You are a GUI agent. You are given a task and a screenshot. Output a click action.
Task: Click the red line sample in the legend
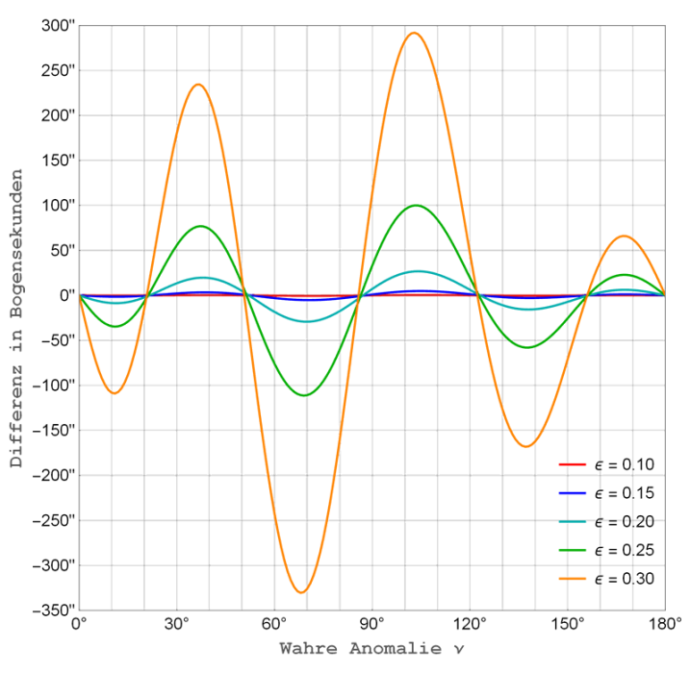(572, 464)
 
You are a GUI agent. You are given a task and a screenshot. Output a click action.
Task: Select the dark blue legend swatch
(572, 493)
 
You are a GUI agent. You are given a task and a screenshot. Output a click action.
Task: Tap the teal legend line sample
(572, 522)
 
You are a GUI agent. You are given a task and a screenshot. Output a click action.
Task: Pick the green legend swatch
(572, 550)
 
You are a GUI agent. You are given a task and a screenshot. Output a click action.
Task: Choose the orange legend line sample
(572, 579)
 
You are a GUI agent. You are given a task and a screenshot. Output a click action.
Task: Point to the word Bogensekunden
(16, 254)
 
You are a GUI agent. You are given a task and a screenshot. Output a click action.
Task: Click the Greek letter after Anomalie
(459, 649)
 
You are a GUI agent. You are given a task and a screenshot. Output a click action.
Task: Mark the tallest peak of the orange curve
(413, 33)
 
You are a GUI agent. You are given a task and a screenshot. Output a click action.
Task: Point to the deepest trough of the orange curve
(301, 592)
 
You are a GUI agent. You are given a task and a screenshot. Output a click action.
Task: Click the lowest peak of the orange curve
(624, 235)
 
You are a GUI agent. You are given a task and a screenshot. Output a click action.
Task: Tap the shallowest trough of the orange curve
(115, 393)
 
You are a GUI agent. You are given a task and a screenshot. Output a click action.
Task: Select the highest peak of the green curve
(415, 205)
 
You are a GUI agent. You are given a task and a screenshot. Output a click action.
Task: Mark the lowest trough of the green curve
(304, 395)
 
